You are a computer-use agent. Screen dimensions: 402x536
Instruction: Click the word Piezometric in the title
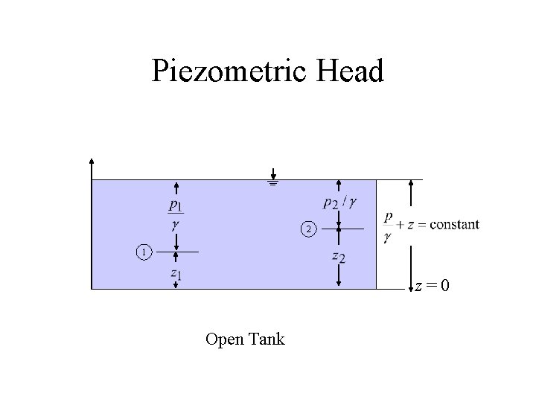point(232,71)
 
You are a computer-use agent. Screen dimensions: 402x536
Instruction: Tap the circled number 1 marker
point(143,253)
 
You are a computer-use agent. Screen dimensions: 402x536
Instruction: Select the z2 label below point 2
point(339,257)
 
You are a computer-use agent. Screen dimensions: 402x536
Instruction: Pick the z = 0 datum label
point(432,286)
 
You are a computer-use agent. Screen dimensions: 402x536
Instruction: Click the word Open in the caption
point(223,339)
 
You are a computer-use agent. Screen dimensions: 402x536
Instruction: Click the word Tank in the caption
point(267,339)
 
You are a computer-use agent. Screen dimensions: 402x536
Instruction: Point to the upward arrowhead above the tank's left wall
point(91,162)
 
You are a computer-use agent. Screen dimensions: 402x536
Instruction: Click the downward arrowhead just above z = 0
point(411,284)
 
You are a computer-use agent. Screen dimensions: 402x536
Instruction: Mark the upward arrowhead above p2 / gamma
point(339,184)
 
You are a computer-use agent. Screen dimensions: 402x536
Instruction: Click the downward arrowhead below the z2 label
point(339,283)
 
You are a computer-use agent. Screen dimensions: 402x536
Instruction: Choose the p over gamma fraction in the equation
point(388,228)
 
